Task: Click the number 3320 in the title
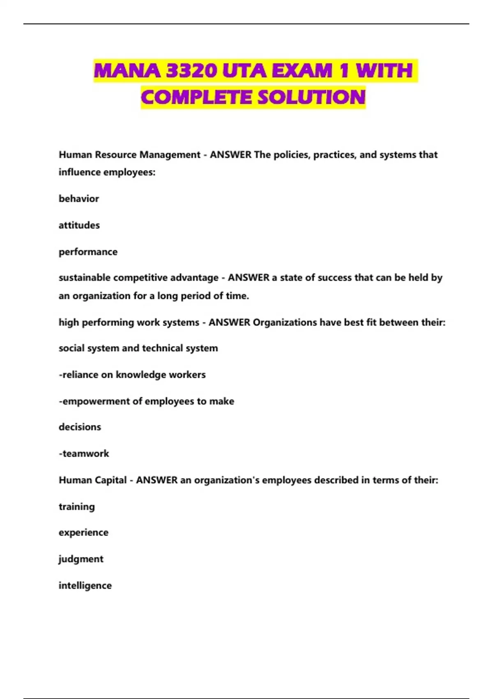point(191,71)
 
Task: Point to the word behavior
point(79,199)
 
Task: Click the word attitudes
point(79,225)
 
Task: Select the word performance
point(88,252)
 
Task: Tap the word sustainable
point(85,278)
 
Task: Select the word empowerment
point(96,401)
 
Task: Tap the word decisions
point(80,427)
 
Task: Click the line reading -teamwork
point(84,454)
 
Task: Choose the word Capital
point(111,480)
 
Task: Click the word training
point(77,507)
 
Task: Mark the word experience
point(83,532)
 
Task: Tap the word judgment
point(81,559)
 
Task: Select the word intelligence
point(85,586)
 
